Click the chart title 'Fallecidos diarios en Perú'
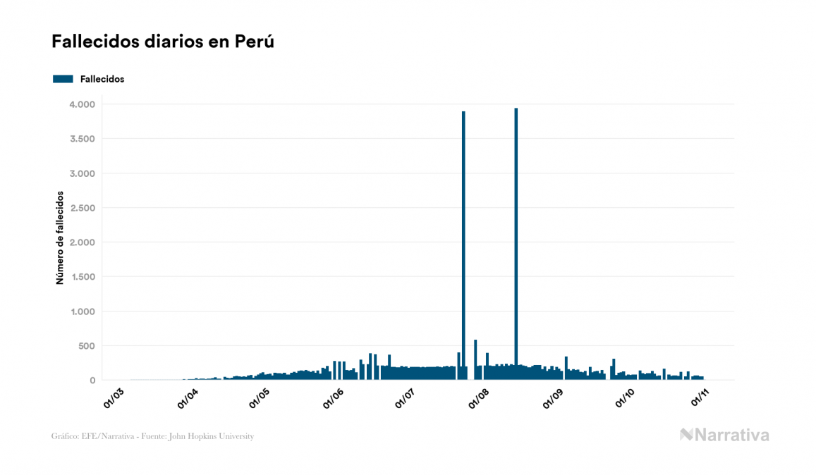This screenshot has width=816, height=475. click(x=162, y=42)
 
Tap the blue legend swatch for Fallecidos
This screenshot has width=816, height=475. click(x=63, y=79)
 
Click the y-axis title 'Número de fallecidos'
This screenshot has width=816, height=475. click(x=60, y=237)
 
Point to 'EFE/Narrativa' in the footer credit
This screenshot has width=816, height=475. click(x=104, y=436)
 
